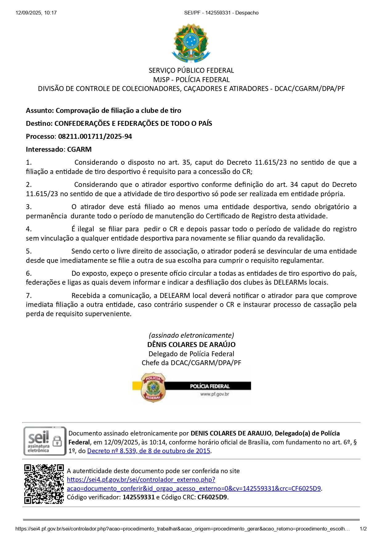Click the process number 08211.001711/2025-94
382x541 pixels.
click(95, 136)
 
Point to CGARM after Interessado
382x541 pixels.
click(79, 149)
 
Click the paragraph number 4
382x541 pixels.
click(29, 229)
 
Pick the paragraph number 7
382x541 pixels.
click(29, 295)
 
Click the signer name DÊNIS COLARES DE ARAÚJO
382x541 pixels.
click(191, 345)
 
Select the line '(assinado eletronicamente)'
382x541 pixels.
click(191, 335)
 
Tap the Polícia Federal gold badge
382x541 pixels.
click(153, 387)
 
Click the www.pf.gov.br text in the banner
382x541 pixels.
click(214, 394)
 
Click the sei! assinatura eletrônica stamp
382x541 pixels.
click(45, 441)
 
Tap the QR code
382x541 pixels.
click(44, 484)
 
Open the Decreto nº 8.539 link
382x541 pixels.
click(149, 451)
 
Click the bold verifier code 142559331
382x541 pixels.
click(138, 497)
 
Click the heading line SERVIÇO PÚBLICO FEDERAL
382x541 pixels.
click(191, 70)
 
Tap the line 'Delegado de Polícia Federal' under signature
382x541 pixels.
click(191, 354)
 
